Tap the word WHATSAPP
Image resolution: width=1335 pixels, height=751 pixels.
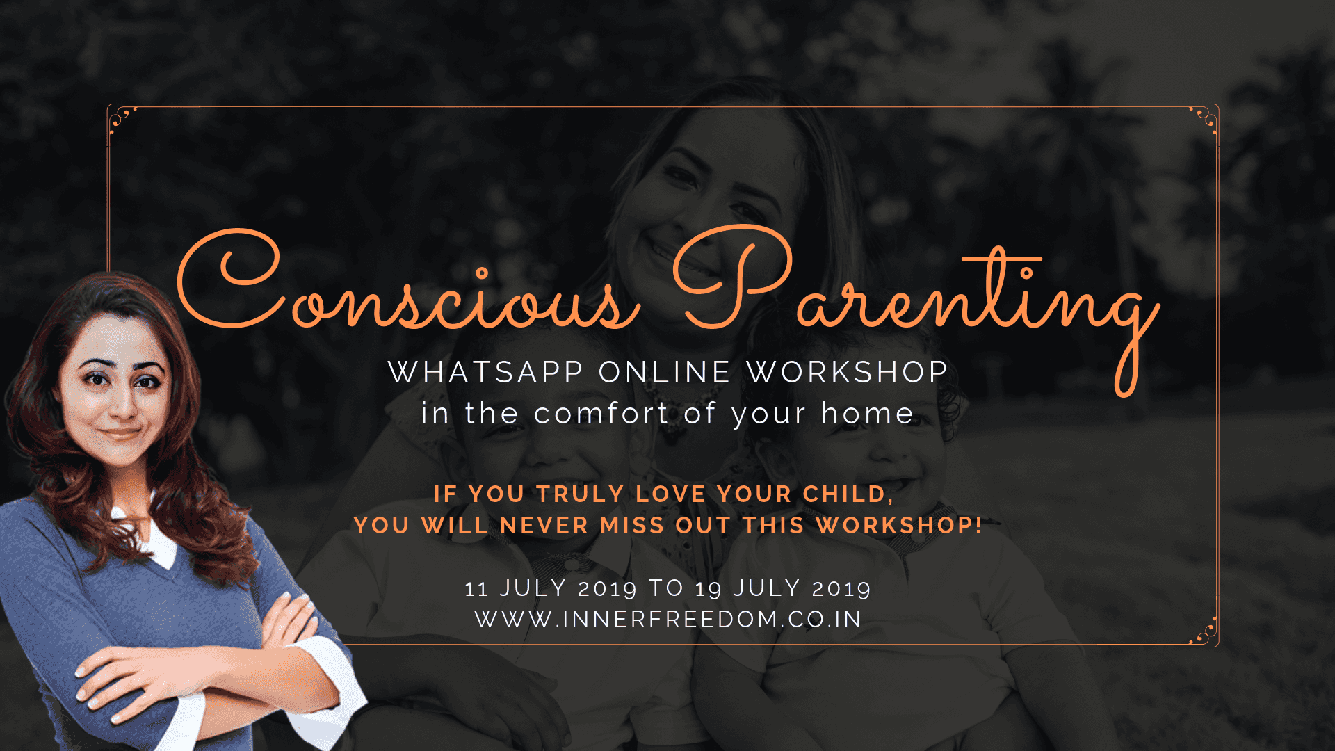tap(485, 372)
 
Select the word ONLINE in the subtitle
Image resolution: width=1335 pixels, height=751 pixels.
tap(664, 372)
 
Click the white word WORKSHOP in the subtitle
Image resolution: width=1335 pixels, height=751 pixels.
tap(847, 372)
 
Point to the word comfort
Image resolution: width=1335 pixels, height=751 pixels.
tap(601, 414)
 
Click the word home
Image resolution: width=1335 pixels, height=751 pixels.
tap(867, 413)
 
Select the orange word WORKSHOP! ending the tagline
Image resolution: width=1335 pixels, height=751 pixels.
tap(899, 525)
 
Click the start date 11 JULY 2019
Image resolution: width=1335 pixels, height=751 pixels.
tap(551, 588)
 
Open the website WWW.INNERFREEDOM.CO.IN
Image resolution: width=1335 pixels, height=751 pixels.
tap(668, 619)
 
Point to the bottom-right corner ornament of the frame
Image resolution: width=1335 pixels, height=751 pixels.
tap(1204, 631)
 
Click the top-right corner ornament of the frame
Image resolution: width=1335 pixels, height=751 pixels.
tap(1204, 120)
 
